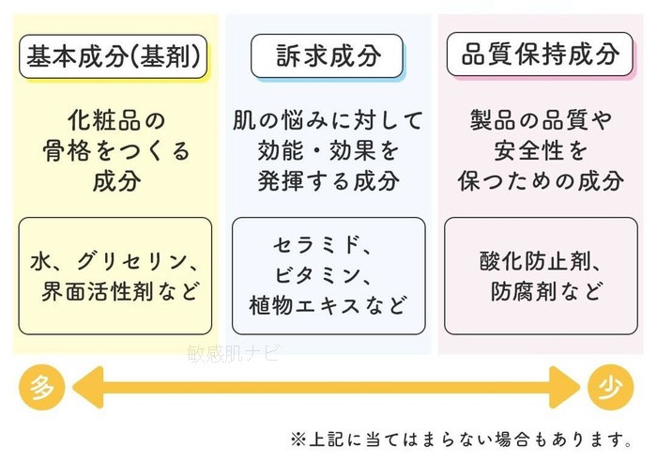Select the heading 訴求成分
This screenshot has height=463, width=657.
[328, 57]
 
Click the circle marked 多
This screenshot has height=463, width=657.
[39, 388]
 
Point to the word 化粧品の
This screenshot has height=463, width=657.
[115, 120]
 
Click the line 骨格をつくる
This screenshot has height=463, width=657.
[115, 150]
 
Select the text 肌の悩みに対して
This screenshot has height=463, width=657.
[328, 120]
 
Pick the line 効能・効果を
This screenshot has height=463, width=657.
[328, 150]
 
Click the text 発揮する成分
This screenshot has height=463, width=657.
[328, 180]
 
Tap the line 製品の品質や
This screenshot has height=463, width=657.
[541, 120]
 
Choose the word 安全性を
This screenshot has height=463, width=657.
[541, 150]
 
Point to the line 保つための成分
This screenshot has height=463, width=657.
[541, 180]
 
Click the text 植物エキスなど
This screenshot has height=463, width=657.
[328, 305]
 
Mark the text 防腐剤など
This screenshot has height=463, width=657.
[541, 291]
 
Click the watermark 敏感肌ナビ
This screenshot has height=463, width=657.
[233, 353]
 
